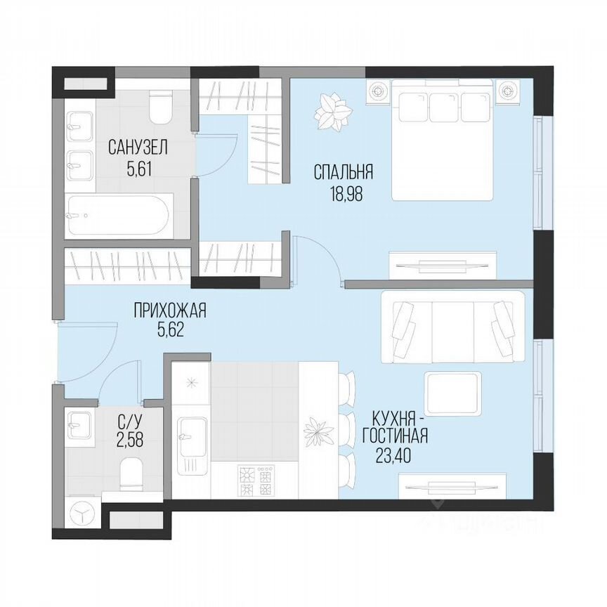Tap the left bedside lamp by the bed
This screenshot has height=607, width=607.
click(378, 91)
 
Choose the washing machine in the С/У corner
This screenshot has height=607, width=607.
click(84, 511)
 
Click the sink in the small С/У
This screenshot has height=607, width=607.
click(79, 428)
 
